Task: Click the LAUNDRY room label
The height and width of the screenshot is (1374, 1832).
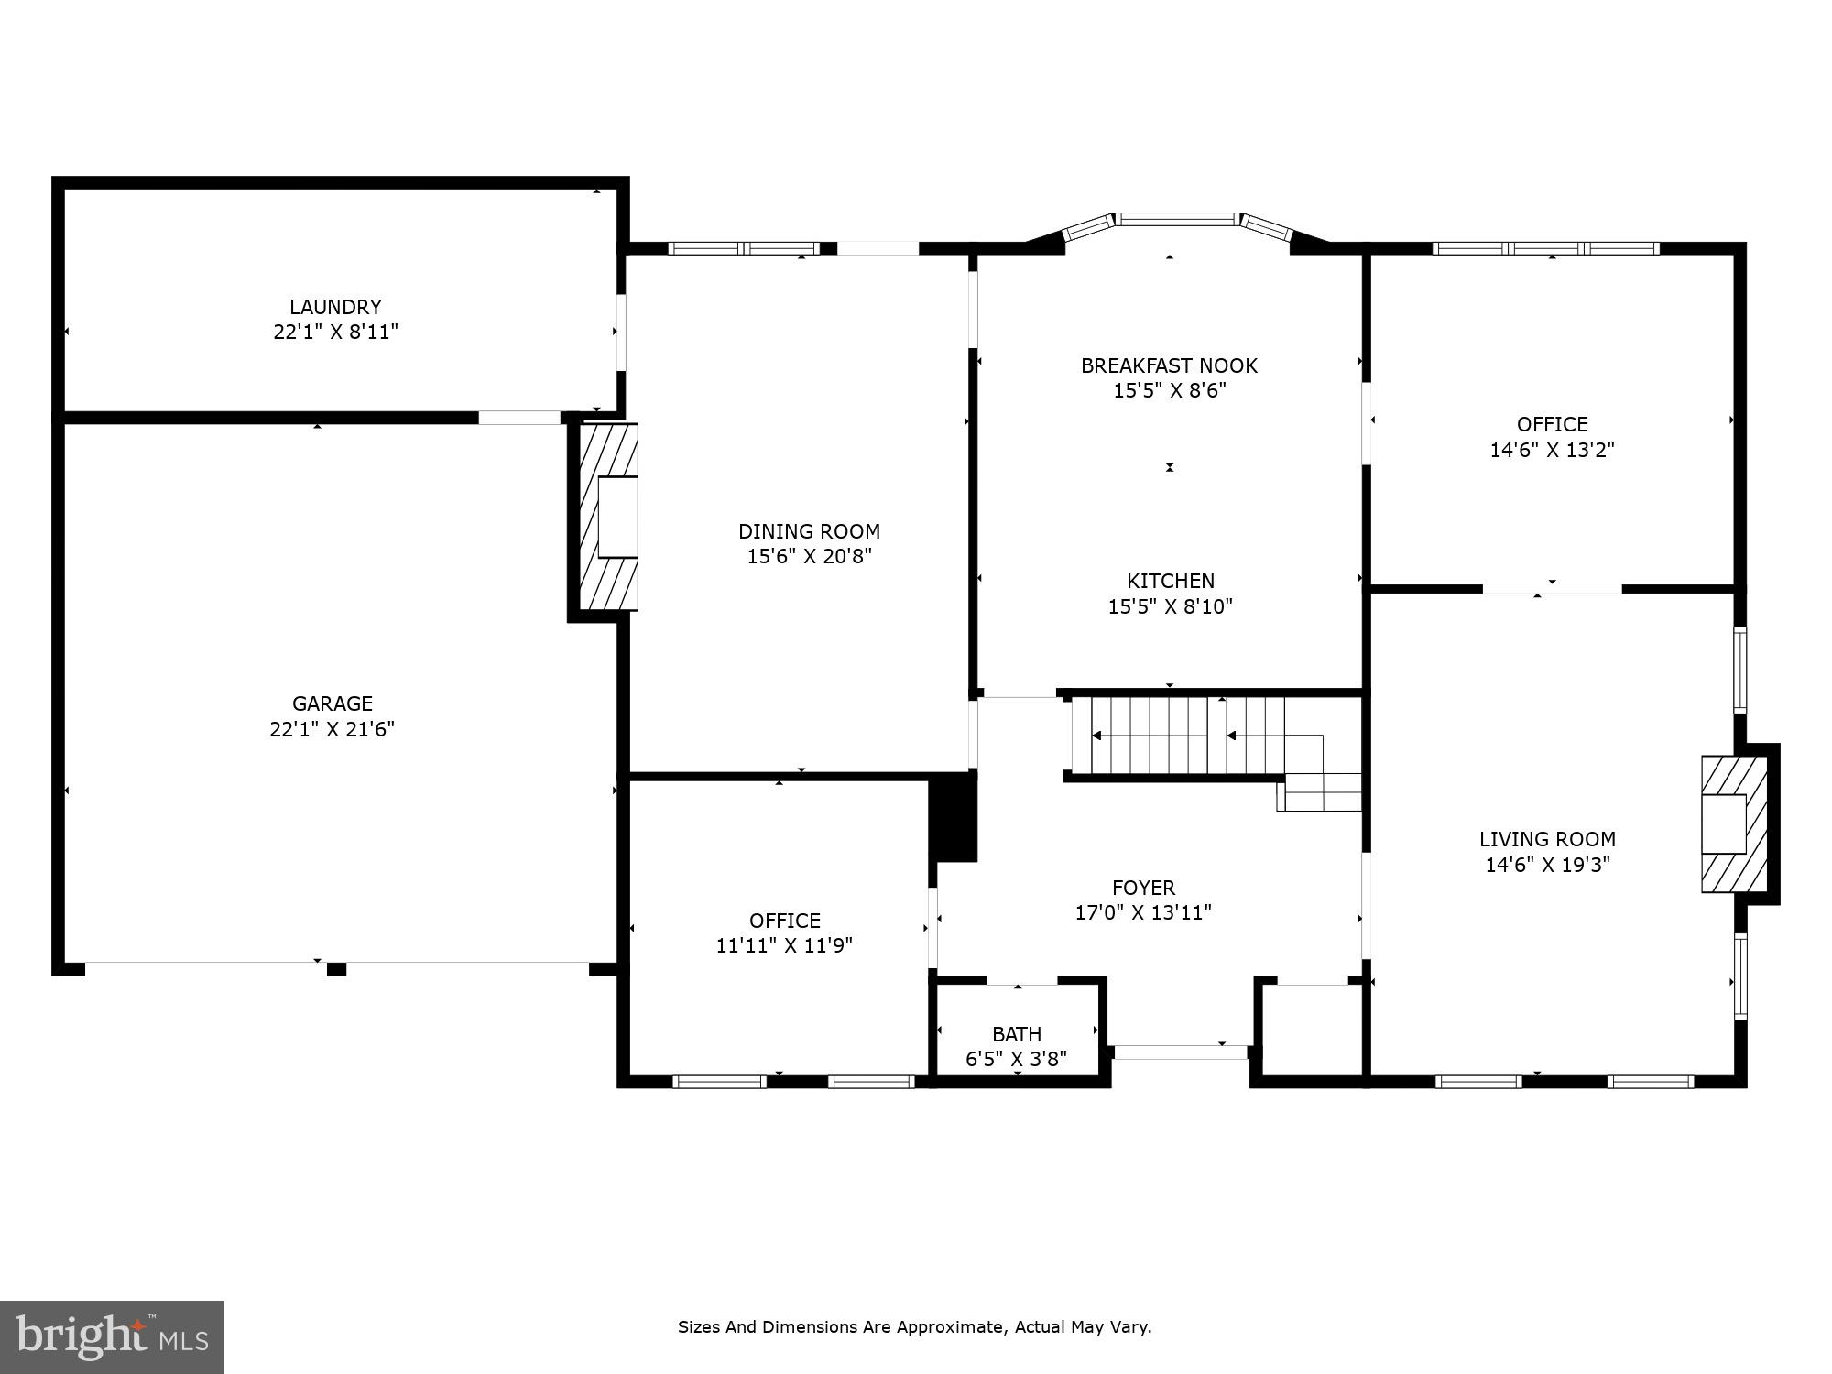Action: point(335,307)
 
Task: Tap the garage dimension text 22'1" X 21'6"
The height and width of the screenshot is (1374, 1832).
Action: point(332,729)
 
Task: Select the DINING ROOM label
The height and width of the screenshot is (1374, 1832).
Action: point(809,531)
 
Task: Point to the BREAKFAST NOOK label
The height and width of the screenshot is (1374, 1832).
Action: point(1169,365)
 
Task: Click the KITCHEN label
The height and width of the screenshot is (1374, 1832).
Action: point(1170,581)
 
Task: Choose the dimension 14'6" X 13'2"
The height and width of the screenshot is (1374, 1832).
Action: point(1552,450)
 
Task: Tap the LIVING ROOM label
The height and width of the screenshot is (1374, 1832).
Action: point(1547,839)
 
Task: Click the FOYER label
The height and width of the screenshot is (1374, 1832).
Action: point(1143,888)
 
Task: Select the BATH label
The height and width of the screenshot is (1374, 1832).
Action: point(1017,1034)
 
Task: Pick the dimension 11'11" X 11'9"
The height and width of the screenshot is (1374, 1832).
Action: point(784,945)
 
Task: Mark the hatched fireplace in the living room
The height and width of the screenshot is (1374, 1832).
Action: point(1733,823)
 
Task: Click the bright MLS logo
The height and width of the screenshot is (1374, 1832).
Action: point(112,1336)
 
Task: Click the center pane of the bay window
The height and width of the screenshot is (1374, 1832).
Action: point(1176,220)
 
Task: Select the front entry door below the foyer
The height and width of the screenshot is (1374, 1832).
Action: point(1181,1052)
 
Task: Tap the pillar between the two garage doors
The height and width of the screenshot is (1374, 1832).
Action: point(336,969)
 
